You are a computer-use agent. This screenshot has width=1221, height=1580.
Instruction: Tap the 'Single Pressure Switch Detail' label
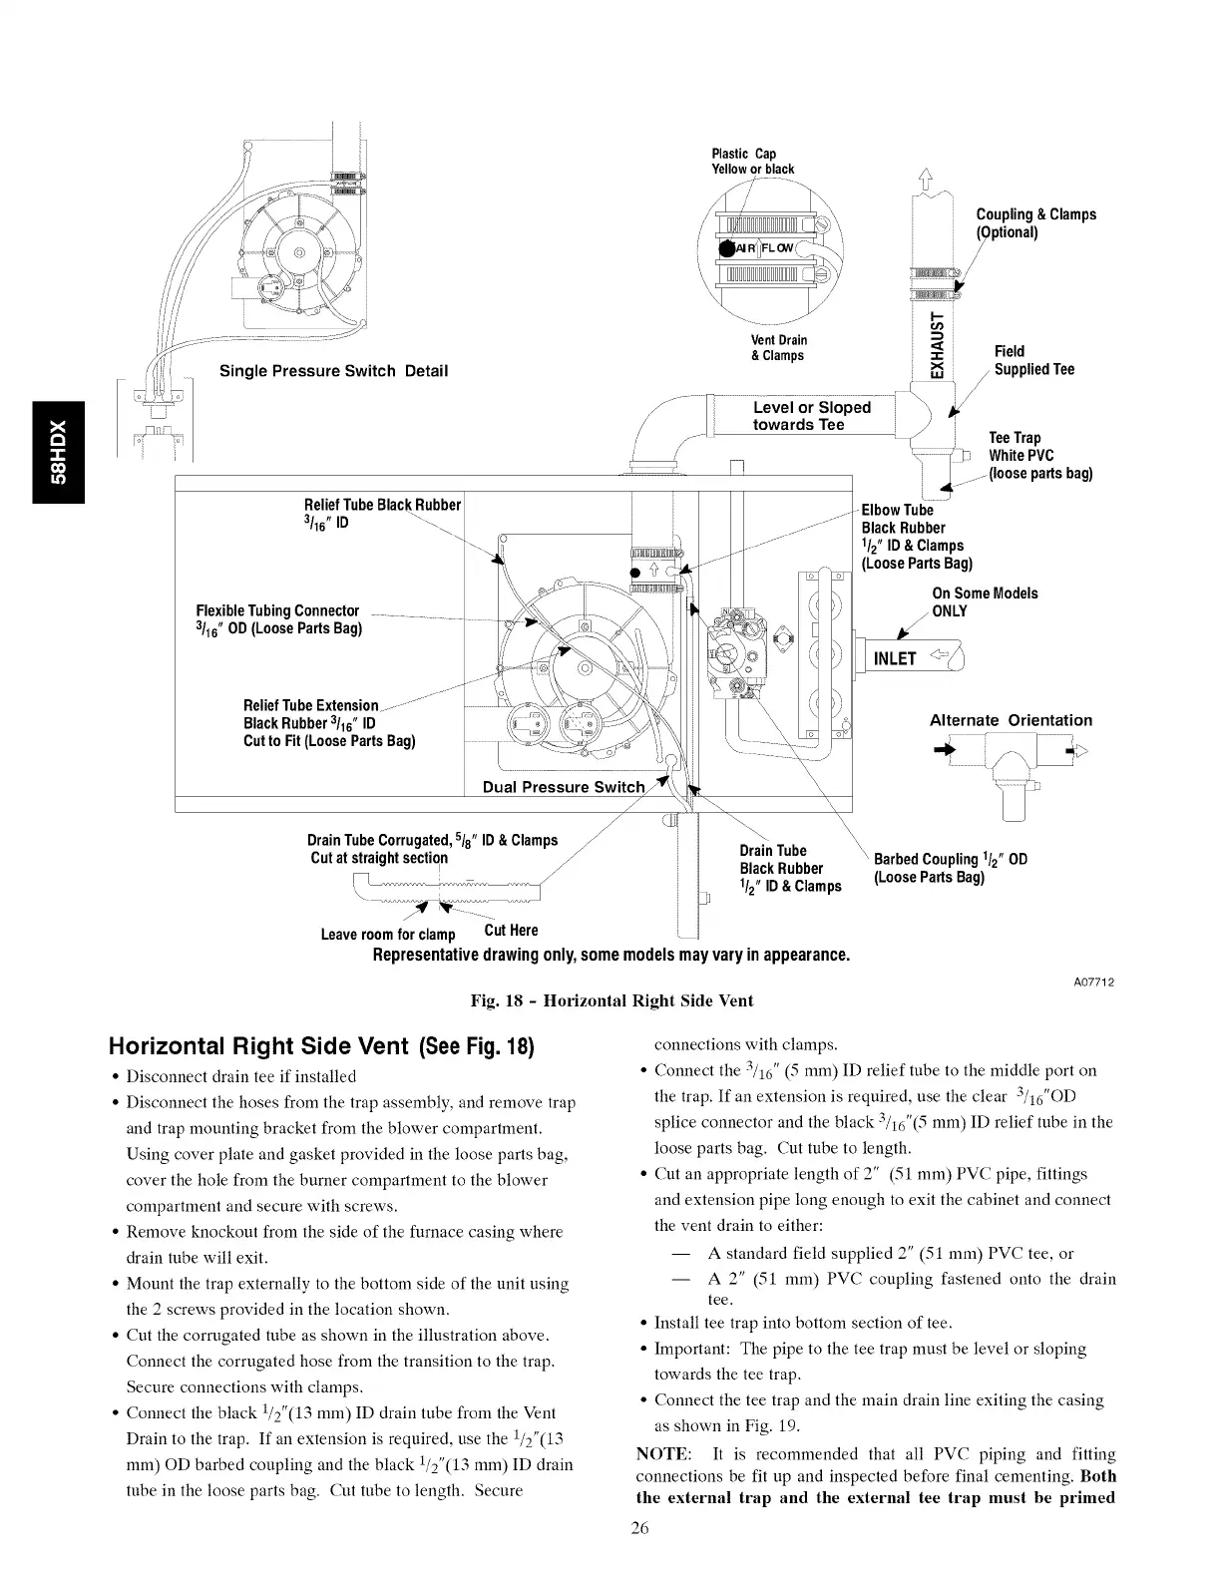pos(333,371)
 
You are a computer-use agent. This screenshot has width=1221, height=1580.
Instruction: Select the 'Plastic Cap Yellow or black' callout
pos(752,162)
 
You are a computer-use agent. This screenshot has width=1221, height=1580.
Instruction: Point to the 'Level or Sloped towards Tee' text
pos(812,416)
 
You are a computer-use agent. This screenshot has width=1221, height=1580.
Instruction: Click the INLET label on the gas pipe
pos(895,658)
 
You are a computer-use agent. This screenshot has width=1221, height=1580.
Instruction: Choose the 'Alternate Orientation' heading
pos(1011,720)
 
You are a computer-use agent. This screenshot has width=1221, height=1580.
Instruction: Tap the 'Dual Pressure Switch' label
pos(564,787)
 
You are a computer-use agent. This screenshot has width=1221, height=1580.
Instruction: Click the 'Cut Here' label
pos(511,931)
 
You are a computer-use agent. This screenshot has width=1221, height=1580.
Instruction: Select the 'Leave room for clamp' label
pos(387,935)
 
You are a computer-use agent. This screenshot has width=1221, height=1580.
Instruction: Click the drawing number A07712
pos(1094,983)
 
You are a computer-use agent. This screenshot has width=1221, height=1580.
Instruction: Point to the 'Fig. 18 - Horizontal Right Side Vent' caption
pos(611,1000)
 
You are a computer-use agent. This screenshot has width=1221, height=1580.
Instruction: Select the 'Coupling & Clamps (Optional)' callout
pos(1035,223)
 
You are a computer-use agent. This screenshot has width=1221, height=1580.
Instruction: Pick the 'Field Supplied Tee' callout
pos(1034,360)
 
